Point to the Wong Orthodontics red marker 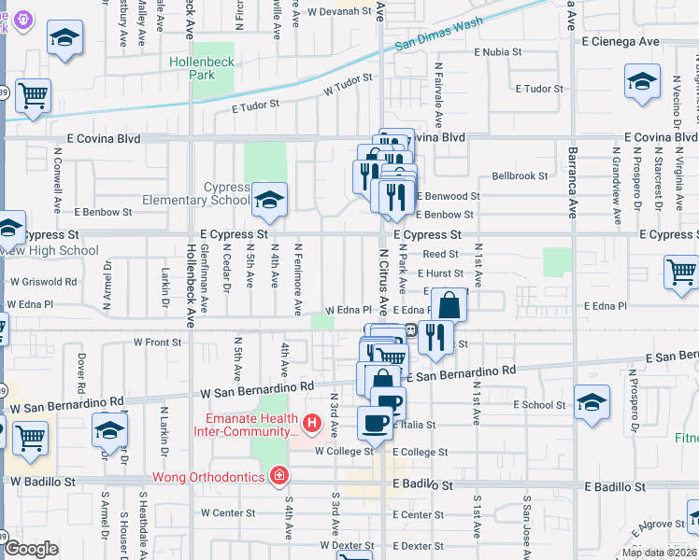pos(278,477)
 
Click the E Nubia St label pos(506,52)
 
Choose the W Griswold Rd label pos(43,281)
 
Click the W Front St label pos(157,343)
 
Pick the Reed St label pos(440,254)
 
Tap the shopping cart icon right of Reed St pos(681,273)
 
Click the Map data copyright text pos(659,552)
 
